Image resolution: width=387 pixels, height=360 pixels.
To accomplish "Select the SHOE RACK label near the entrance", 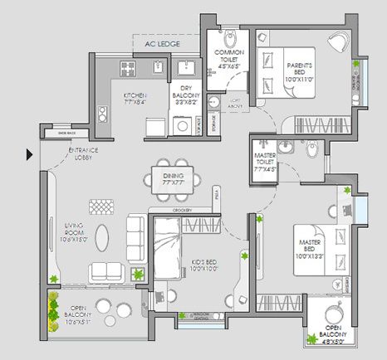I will click(x=67, y=133).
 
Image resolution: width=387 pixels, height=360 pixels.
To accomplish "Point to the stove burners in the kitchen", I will click(x=130, y=66).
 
